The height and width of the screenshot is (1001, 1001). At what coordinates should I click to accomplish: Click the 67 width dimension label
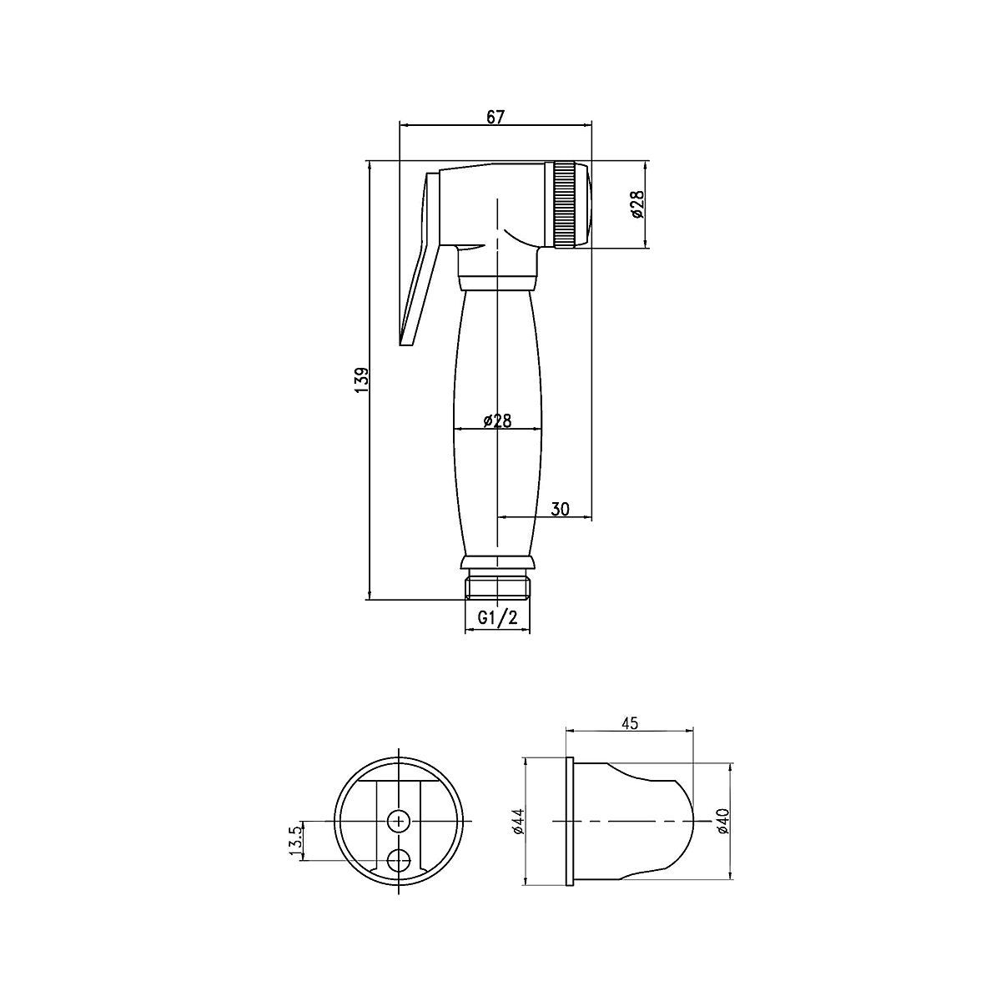click(495, 118)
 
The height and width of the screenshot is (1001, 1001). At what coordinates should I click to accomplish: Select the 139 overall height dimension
click(362, 380)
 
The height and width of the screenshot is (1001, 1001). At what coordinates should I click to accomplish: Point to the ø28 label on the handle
click(497, 420)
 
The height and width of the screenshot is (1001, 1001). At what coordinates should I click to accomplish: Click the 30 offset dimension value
click(560, 509)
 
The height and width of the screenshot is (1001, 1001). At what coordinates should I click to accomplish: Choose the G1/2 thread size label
click(498, 618)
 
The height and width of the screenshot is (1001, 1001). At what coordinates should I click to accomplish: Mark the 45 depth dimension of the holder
click(629, 723)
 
